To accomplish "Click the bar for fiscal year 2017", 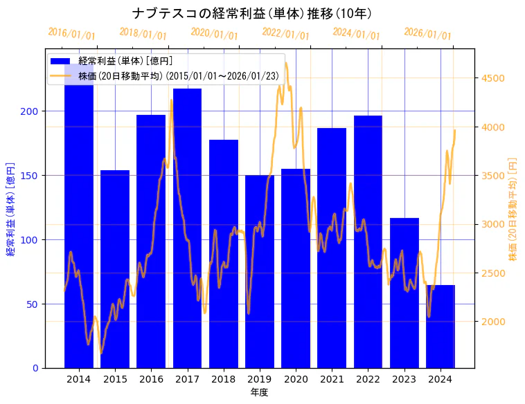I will pos(187,228).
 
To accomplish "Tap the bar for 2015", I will pos(115,269).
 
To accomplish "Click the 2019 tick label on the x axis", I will pos(260,379).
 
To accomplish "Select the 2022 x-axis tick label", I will pos(368,379).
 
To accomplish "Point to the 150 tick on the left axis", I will pos(33,176).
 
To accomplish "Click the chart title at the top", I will pos(252,13).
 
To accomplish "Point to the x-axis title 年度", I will pos(260,392).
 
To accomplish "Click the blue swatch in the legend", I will pos(61,62).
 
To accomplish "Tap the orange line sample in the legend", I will pos(61,75).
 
